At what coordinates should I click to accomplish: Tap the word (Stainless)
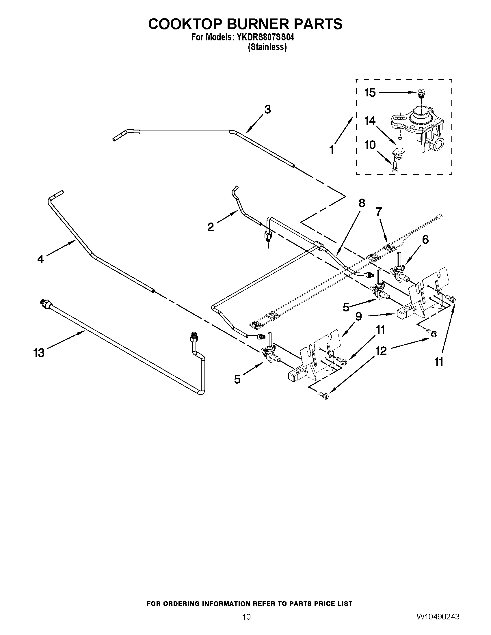point(267,47)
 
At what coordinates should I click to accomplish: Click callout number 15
point(370,92)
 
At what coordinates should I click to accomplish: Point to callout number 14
point(370,120)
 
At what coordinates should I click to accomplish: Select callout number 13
point(39,353)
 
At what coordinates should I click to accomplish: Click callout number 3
point(267,109)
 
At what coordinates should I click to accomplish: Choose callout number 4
point(40,259)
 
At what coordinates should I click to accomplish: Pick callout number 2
point(211,227)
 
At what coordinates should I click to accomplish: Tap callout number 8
point(362,203)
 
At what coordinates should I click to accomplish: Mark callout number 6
point(425,240)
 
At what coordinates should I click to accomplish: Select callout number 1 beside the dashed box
point(331,150)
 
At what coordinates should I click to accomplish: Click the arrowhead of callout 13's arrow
point(84,334)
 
